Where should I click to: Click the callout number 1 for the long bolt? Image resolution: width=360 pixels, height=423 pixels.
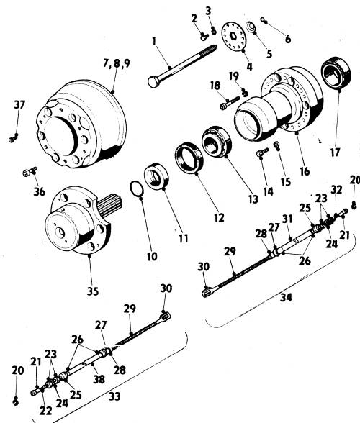(x=154, y=42)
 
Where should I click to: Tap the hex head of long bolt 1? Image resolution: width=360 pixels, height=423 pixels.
(x=153, y=82)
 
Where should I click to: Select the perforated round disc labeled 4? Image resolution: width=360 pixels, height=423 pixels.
(x=235, y=37)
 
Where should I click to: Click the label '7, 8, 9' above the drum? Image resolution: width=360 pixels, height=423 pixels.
(x=117, y=63)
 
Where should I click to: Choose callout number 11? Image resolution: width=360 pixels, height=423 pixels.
(x=184, y=239)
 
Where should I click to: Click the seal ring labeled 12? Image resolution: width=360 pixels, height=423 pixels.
(x=189, y=158)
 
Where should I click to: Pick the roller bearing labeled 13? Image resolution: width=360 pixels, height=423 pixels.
(x=217, y=141)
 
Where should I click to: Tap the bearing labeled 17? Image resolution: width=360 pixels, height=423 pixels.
(x=336, y=73)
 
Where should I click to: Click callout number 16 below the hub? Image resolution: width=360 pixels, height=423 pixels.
(x=305, y=171)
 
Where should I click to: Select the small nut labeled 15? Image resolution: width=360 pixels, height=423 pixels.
(x=276, y=145)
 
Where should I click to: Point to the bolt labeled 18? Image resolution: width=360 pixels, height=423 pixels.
(x=230, y=103)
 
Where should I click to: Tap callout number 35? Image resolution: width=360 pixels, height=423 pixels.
(x=93, y=291)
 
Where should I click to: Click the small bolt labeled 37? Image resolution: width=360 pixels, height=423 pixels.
(x=13, y=139)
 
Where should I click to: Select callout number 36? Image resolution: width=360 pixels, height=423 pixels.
(x=40, y=191)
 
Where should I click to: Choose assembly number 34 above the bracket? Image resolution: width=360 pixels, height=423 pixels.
(x=286, y=298)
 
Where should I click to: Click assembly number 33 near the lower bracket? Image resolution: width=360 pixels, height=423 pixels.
(x=114, y=396)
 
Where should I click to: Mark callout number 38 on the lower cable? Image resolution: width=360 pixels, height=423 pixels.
(x=99, y=379)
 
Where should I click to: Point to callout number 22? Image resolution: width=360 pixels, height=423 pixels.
(x=45, y=411)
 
